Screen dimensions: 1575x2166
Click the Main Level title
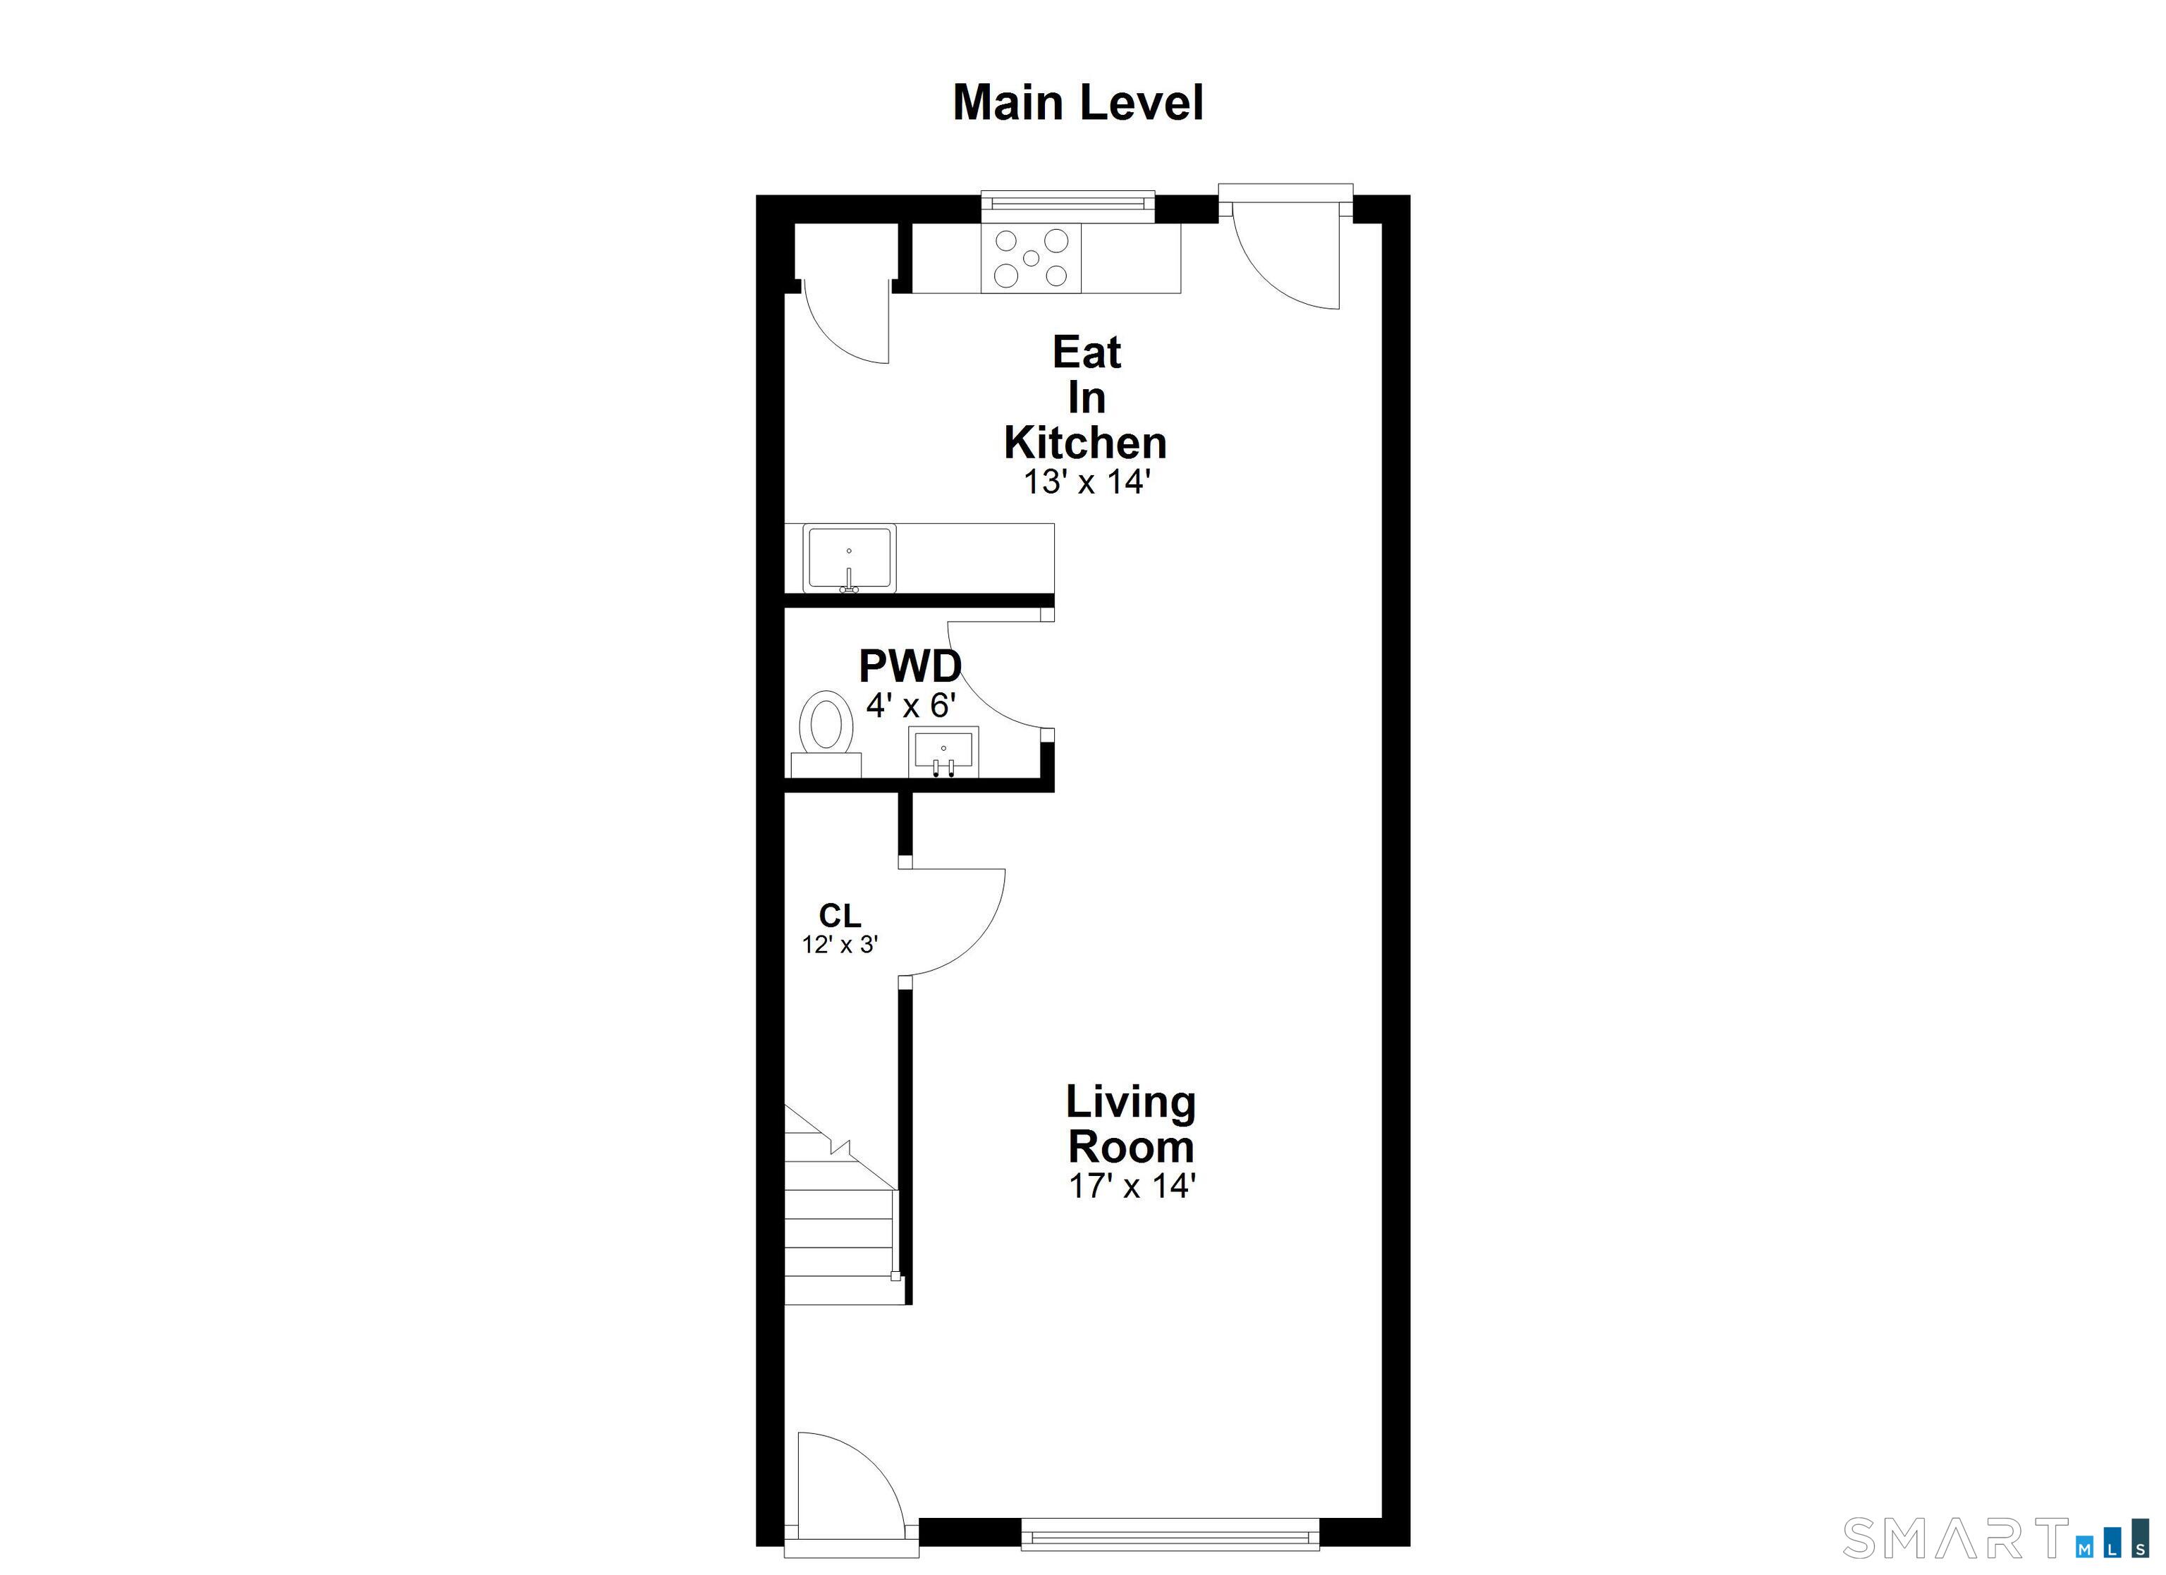1078,103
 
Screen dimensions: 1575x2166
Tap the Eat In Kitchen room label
1086,398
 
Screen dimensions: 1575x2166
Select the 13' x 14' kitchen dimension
1086,482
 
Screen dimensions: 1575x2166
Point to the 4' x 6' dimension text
911,706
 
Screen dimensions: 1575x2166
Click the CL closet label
840,916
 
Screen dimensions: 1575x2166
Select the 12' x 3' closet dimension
840,945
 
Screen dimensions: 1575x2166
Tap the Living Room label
1131,1124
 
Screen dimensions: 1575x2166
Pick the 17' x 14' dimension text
1132,1185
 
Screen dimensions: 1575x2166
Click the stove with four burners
1031,258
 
